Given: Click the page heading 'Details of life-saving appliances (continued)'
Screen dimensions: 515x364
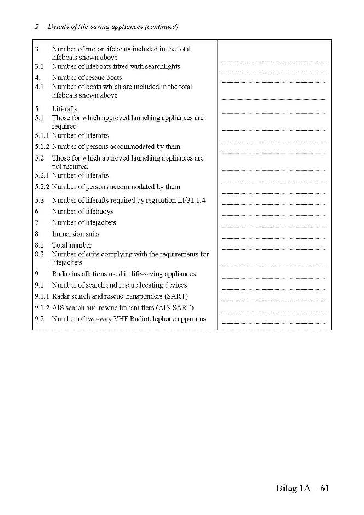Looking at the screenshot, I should [x=113, y=26].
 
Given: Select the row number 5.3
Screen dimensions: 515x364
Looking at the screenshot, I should [x=39, y=201].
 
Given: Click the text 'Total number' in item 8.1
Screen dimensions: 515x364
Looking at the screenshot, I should [x=72, y=245].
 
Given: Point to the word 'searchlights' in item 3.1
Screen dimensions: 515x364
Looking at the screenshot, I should [x=162, y=66].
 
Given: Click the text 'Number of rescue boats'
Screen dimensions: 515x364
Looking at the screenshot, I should [x=87, y=77].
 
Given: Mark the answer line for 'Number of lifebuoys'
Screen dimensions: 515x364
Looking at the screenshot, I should [x=273, y=216].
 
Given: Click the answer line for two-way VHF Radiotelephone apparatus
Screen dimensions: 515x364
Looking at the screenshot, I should [x=273, y=323].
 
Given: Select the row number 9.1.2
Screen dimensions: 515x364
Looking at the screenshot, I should [x=42, y=307].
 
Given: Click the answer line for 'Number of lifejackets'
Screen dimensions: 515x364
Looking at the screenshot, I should [x=273, y=227].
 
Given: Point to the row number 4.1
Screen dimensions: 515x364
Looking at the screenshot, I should [x=39, y=87].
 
